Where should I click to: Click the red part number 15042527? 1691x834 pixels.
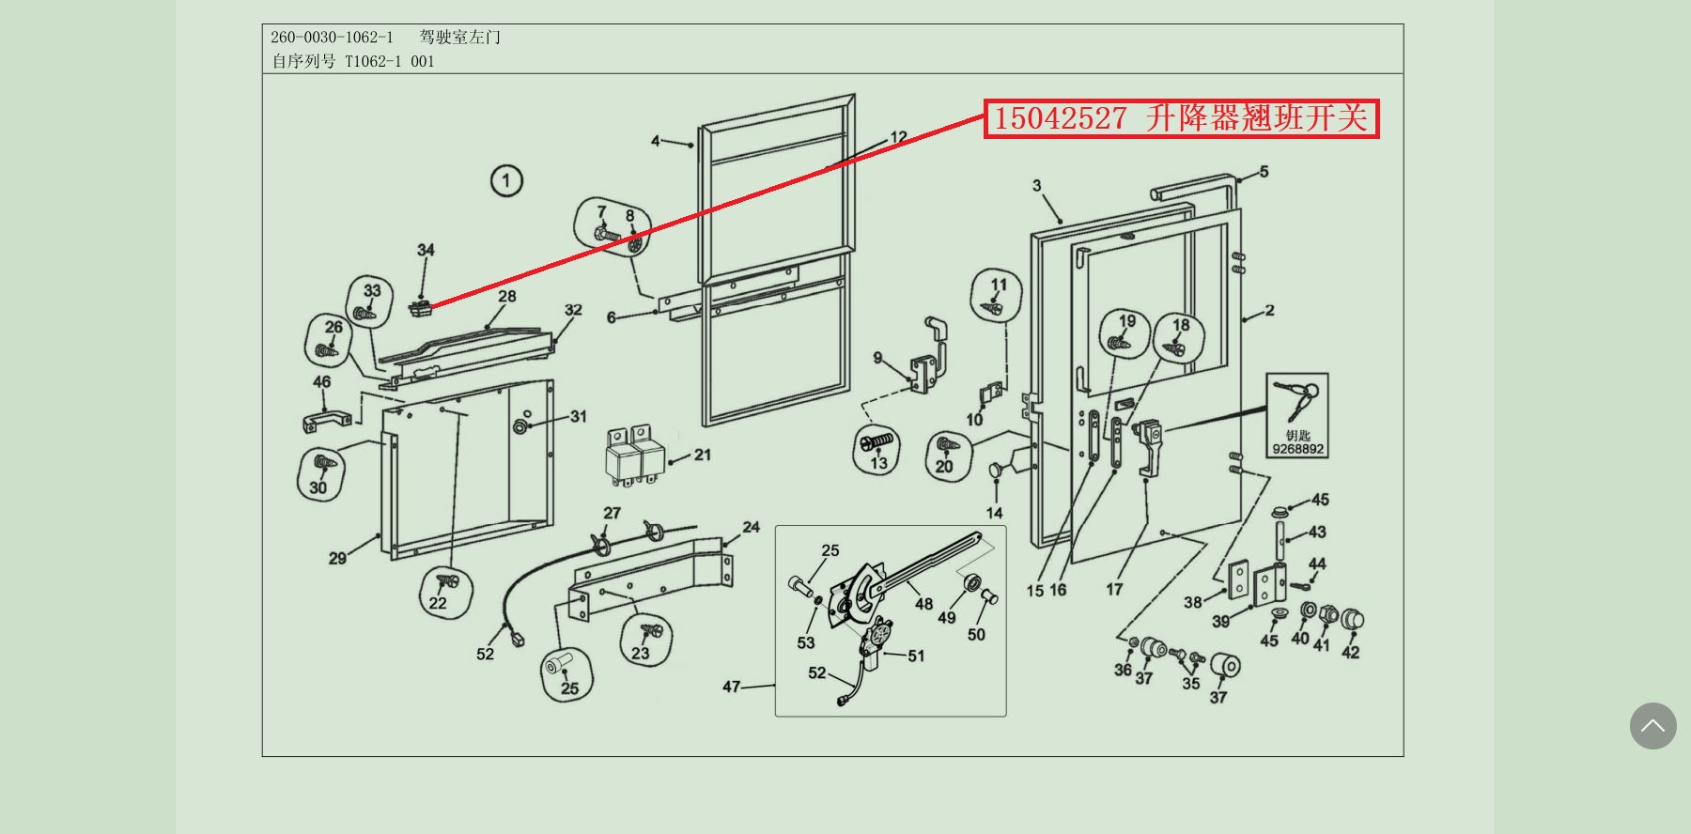(x=1060, y=119)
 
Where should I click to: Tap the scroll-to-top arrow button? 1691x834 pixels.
(x=1652, y=726)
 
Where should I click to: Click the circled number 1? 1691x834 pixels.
(x=506, y=180)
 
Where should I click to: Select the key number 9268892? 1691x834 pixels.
(x=1297, y=449)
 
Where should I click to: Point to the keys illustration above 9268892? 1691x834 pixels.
(x=1296, y=399)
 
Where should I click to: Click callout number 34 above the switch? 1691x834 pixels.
(x=426, y=250)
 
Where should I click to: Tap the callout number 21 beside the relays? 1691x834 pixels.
(x=703, y=455)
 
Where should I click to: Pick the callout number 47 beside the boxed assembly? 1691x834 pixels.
(x=732, y=687)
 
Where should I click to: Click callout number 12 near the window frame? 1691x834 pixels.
(x=898, y=137)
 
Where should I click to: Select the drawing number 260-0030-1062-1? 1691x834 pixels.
(x=332, y=38)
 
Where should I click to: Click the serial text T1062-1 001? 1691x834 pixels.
(x=389, y=62)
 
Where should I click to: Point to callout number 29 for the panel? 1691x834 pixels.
(x=337, y=558)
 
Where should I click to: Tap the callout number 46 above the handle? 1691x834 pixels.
(x=321, y=382)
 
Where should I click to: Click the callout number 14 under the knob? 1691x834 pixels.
(x=994, y=513)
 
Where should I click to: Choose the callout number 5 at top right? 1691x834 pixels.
(x=1264, y=172)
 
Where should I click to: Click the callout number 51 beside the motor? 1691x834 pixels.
(x=916, y=656)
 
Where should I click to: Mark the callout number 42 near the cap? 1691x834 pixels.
(x=1350, y=652)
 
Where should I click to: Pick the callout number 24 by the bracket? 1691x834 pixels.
(x=751, y=527)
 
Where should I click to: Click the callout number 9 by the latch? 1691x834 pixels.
(x=877, y=358)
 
